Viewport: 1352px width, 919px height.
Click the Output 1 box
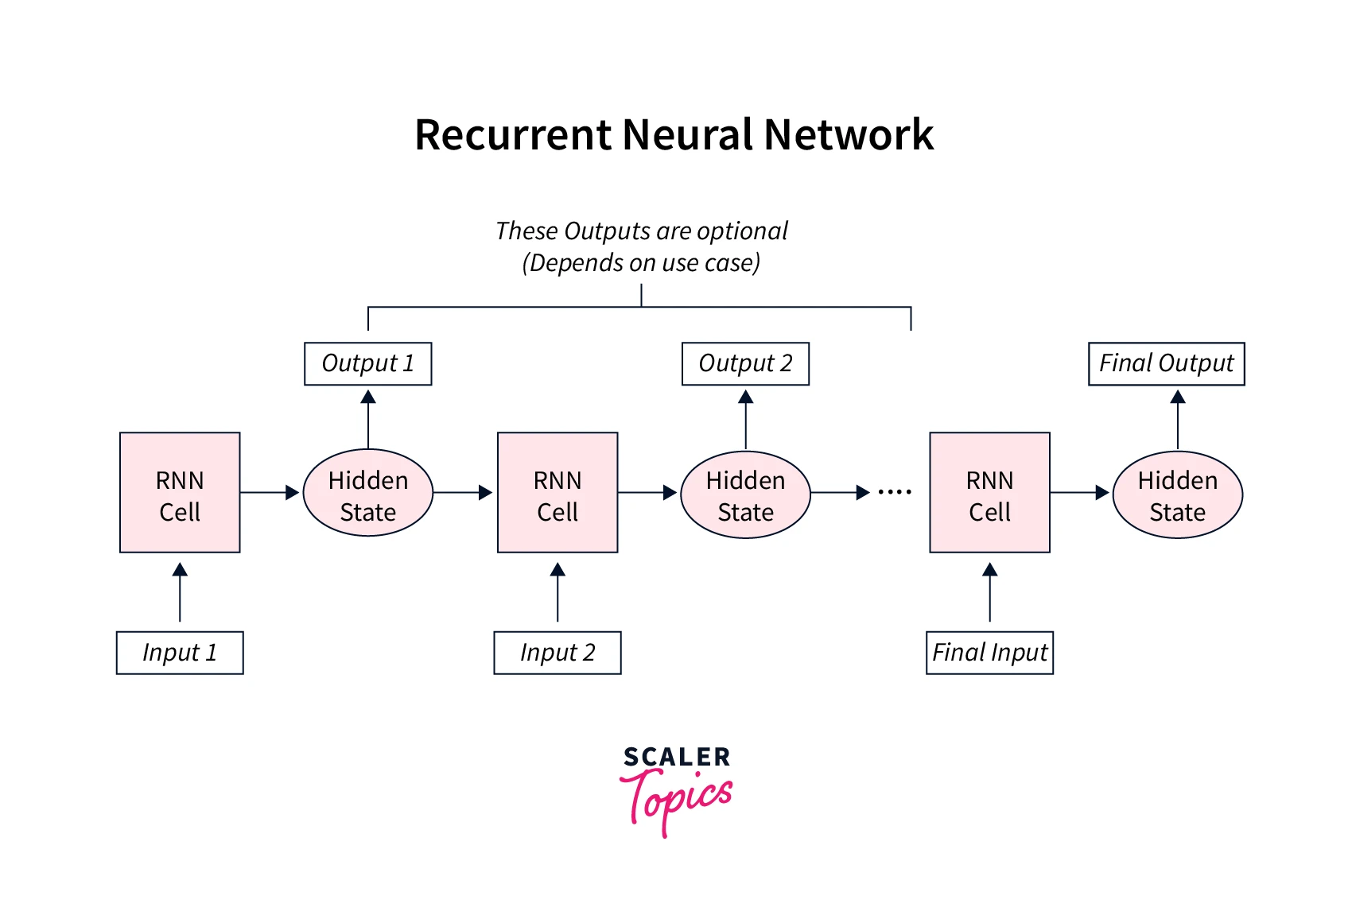tap(368, 364)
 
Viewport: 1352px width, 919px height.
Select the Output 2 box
tap(745, 364)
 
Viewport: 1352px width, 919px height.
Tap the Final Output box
tap(1166, 364)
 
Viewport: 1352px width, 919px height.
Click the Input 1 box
tap(180, 653)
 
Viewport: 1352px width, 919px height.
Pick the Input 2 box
tap(558, 653)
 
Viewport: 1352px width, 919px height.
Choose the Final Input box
tap(989, 653)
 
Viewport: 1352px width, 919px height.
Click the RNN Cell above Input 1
tap(180, 493)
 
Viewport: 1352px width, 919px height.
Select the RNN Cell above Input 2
tap(558, 493)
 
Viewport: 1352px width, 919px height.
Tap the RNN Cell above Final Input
tap(989, 493)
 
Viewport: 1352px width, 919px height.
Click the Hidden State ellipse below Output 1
tap(368, 493)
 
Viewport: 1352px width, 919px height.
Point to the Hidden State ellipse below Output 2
tap(745, 494)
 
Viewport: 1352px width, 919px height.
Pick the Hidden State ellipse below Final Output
tap(1177, 494)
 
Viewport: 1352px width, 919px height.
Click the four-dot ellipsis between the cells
tap(895, 492)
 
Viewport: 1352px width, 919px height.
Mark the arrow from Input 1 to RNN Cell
tap(180, 592)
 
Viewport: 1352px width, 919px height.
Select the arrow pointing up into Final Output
tap(1178, 420)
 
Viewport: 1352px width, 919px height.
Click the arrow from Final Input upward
tap(989, 592)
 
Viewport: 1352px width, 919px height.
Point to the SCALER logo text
tap(677, 757)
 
